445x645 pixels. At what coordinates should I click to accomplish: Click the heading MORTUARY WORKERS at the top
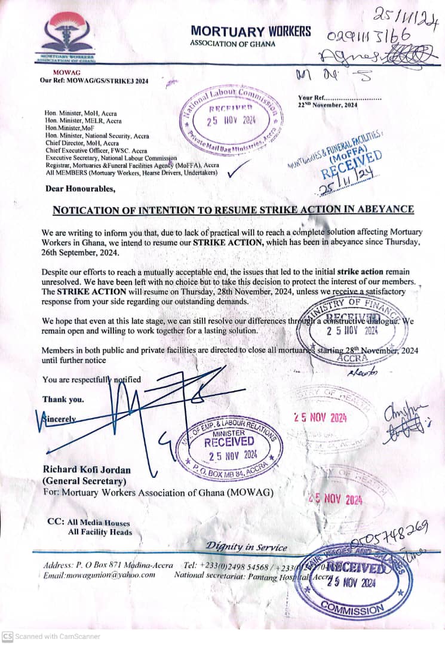pyautogui.click(x=251, y=31)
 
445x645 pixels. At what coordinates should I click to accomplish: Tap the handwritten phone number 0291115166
pyautogui.click(x=373, y=36)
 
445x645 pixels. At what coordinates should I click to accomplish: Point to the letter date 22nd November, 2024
pyautogui.click(x=327, y=105)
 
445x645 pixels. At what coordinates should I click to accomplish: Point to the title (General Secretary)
pyautogui.click(x=84, y=481)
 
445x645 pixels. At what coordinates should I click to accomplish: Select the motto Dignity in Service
pyautogui.click(x=247, y=546)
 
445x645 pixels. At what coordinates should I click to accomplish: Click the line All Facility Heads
pyautogui.click(x=100, y=532)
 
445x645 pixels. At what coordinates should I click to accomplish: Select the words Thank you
pyautogui.click(x=63, y=399)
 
